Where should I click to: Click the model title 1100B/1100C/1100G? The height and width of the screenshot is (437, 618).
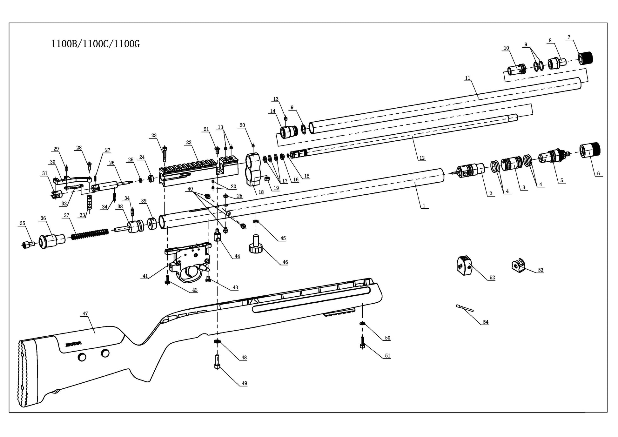(x=95, y=44)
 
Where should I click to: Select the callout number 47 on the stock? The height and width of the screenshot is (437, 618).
(x=85, y=314)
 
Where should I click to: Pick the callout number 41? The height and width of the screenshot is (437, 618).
(x=145, y=276)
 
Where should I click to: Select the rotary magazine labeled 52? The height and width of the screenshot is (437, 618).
(x=464, y=266)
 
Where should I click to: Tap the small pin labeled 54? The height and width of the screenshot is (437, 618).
(x=465, y=307)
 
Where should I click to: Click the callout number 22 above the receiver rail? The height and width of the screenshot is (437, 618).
(x=189, y=143)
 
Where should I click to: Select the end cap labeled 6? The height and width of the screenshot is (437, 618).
(x=590, y=150)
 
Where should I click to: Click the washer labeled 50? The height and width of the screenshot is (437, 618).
(x=362, y=323)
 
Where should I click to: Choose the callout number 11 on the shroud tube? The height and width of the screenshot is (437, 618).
(x=467, y=78)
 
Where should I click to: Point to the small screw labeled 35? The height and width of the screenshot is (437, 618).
(x=28, y=244)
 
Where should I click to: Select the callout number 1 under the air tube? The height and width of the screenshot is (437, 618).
(x=424, y=206)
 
